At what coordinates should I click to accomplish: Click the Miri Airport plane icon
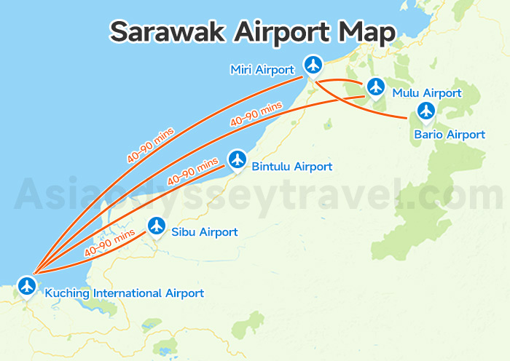coord(313,66)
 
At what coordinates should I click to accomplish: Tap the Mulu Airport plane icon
coord(375,87)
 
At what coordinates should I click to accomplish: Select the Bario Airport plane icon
coord(426,111)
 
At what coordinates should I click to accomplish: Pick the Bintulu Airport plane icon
coord(237,159)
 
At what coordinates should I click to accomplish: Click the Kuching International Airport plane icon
coord(28,285)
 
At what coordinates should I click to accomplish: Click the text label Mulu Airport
coord(426,93)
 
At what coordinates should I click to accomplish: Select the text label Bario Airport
coord(449,135)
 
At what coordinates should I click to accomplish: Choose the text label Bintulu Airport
coord(291,167)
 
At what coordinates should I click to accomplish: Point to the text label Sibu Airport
coord(204,232)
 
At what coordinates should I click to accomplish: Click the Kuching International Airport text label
coord(124,293)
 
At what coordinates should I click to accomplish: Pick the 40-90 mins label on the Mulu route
coord(256,114)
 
